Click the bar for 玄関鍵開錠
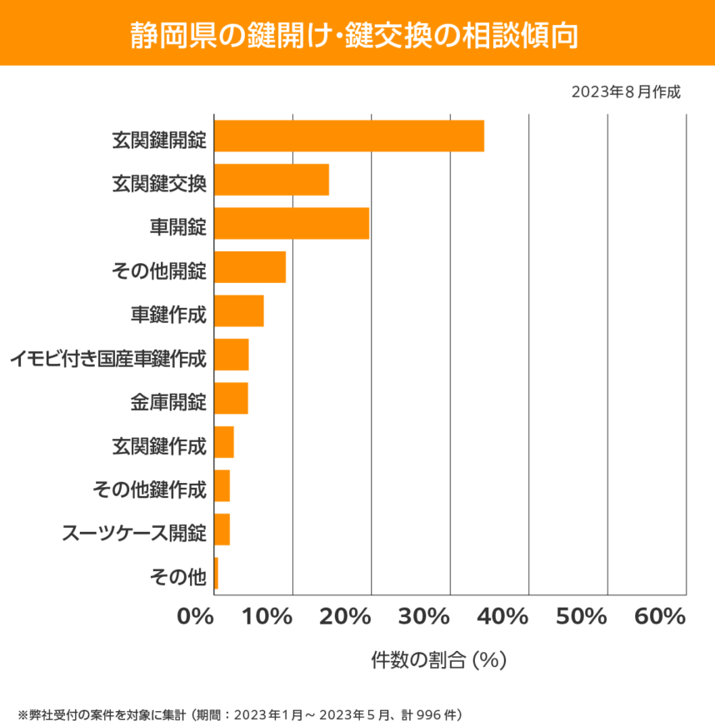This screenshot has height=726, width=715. click(348, 136)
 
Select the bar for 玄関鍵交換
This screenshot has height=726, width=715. click(271, 180)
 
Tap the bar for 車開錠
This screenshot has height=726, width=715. click(291, 223)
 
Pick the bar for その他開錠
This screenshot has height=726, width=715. click(249, 267)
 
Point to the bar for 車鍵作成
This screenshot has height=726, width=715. click(238, 311)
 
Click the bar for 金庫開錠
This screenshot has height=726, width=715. click(231, 398)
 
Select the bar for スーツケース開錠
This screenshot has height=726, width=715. click(222, 530)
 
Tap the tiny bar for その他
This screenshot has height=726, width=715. click(216, 573)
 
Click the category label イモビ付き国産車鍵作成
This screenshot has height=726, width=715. click(107, 360)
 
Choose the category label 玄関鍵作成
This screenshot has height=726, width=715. click(158, 447)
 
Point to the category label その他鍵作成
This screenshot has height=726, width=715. click(148, 490)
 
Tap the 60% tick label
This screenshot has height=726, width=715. click(659, 617)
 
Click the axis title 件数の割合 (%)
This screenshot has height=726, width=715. click(438, 660)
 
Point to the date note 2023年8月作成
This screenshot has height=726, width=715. click(626, 92)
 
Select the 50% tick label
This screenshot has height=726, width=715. click(581, 617)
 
